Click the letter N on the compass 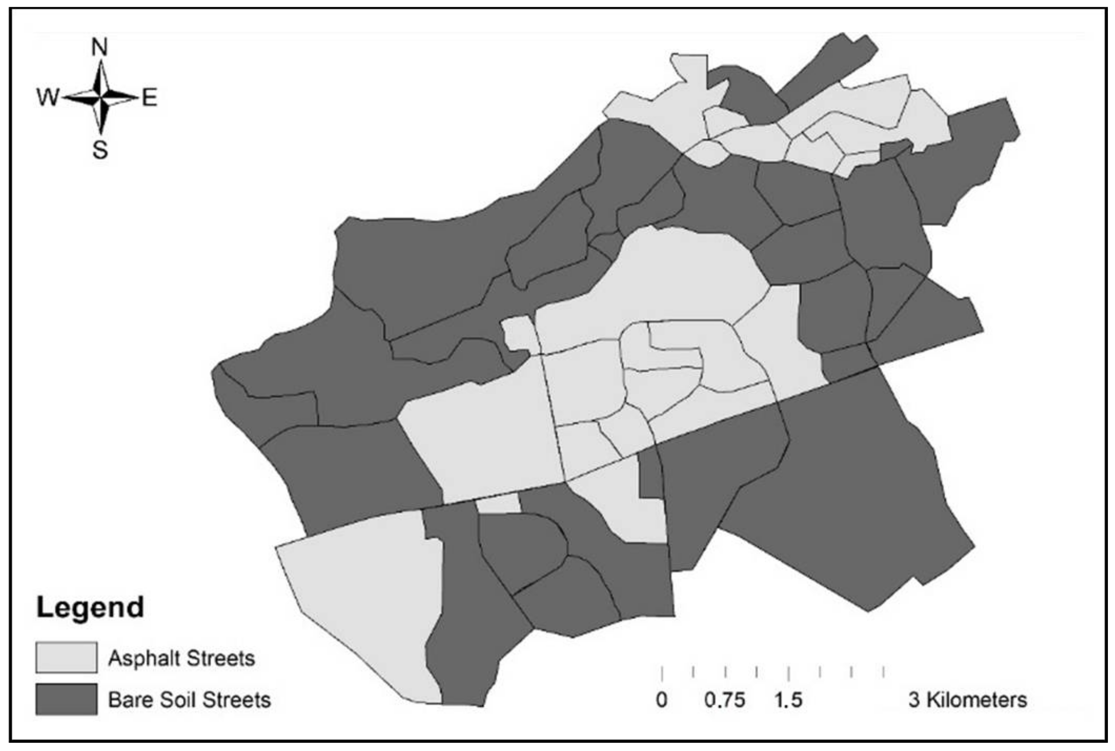tap(100, 47)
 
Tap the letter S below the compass tap(100, 150)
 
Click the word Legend tap(90, 607)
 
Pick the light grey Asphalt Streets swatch tap(66, 657)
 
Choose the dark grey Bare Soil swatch tap(66, 699)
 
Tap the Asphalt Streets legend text tap(181, 658)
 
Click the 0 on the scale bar tap(661, 700)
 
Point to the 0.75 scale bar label tap(724, 700)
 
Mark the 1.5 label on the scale tap(788, 700)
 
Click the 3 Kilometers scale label tap(967, 700)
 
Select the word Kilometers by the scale tap(976, 700)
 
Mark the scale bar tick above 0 tap(662, 673)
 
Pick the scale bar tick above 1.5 tap(789, 673)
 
